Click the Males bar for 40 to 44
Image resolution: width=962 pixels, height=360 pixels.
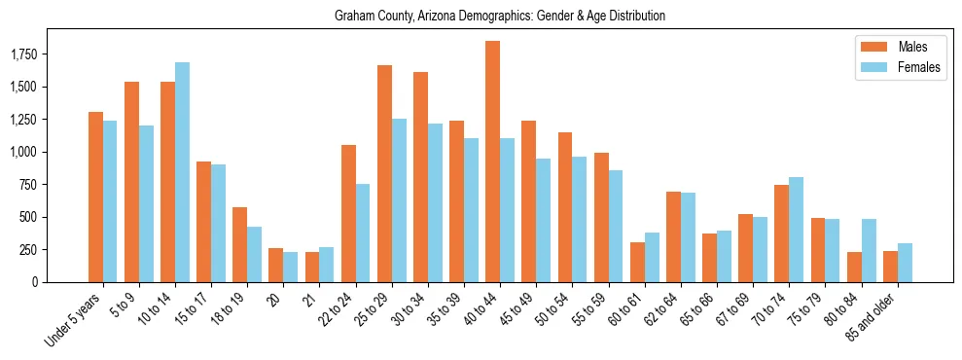[x=493, y=162]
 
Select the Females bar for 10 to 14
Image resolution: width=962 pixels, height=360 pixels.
[x=182, y=172]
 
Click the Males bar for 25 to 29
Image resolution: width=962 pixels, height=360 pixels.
[x=384, y=173]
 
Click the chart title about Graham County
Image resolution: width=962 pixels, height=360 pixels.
[x=499, y=17]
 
